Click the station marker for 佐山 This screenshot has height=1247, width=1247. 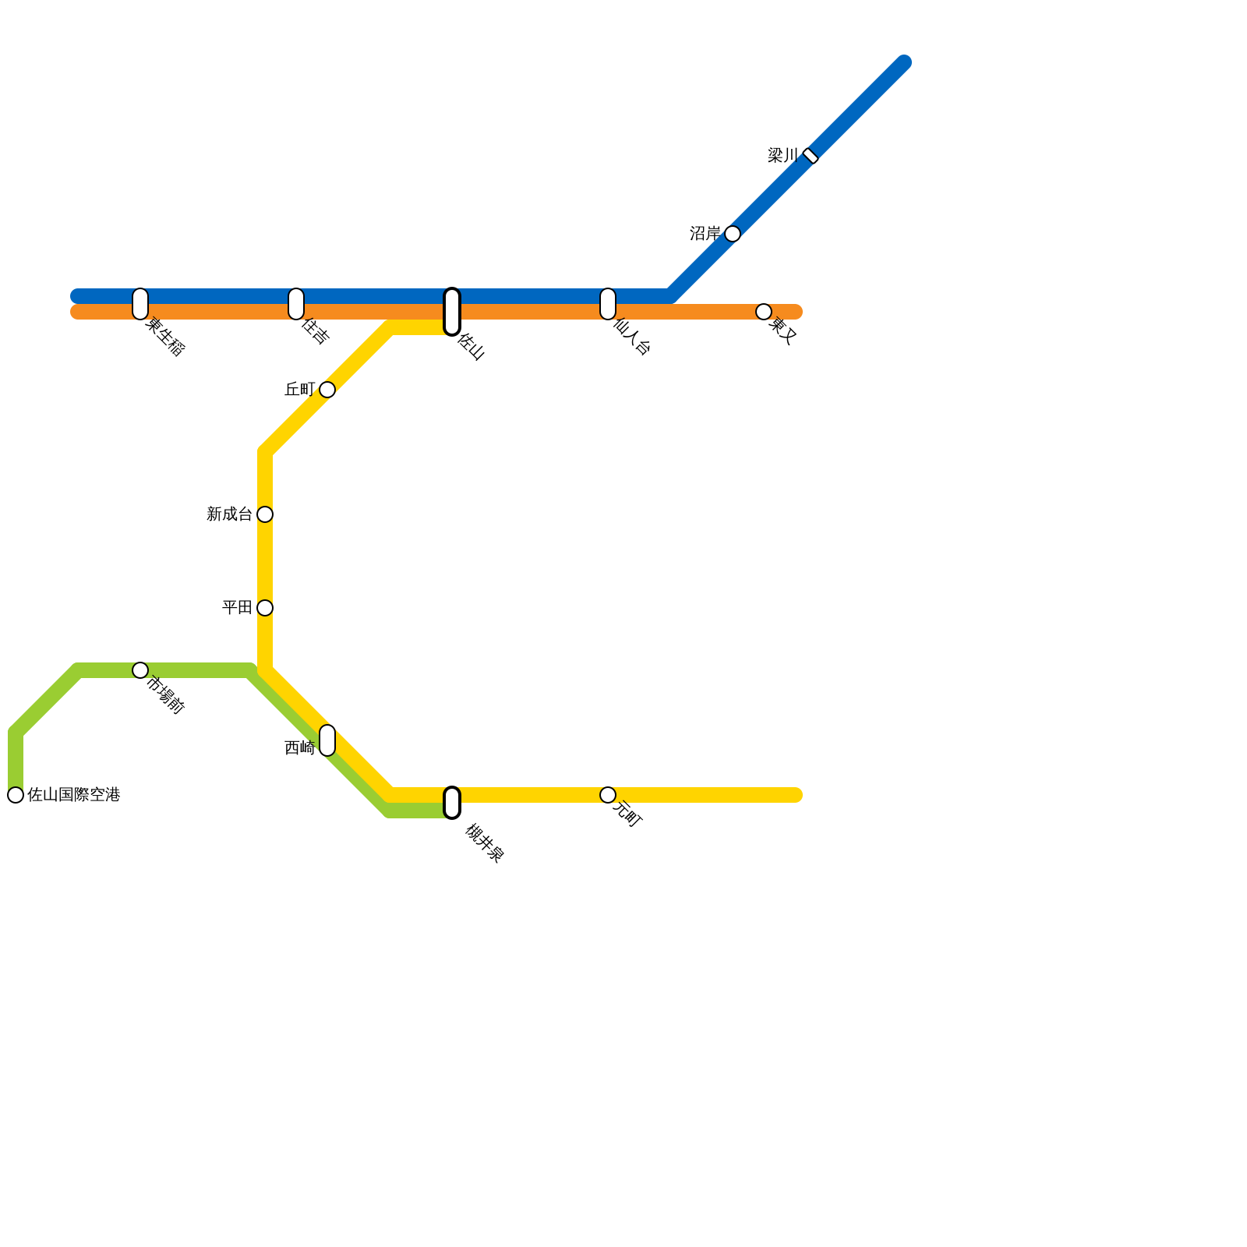point(452,312)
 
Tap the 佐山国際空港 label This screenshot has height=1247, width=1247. point(74,795)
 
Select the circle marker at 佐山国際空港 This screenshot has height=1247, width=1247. point(16,795)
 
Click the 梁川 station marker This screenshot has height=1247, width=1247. point(811,156)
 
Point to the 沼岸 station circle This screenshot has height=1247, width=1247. point(733,234)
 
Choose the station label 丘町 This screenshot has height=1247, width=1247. point(299,390)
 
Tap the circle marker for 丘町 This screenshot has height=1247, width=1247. point(327,390)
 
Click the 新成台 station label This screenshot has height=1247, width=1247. point(229,514)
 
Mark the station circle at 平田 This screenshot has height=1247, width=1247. point(265,608)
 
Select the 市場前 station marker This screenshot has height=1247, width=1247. point(140,670)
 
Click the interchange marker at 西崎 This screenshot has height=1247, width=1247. point(327,740)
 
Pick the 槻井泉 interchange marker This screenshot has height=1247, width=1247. point(452,803)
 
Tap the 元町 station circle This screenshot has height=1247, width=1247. point(608,795)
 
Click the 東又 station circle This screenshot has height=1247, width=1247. point(764,312)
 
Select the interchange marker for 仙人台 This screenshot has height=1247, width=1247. point(608,304)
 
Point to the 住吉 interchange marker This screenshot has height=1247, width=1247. point(296,304)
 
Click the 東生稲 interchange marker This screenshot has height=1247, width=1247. point(140,304)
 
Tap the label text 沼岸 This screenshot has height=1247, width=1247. point(705,234)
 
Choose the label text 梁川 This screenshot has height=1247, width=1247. point(782,156)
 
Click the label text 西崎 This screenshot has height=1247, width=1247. point(299,748)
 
